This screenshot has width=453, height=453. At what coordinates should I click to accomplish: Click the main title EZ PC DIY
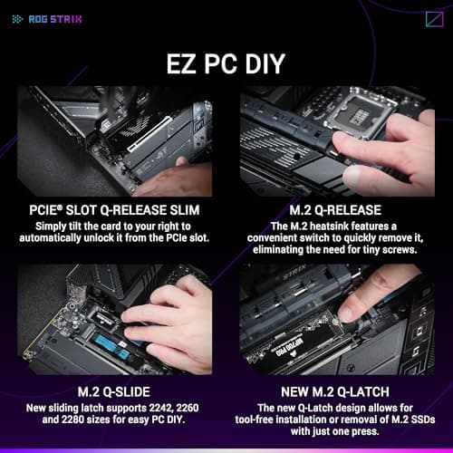pos(226,64)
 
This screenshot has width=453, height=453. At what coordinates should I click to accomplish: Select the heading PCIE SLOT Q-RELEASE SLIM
pos(114,211)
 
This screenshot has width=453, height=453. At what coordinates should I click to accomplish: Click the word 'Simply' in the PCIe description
pos(53,226)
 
